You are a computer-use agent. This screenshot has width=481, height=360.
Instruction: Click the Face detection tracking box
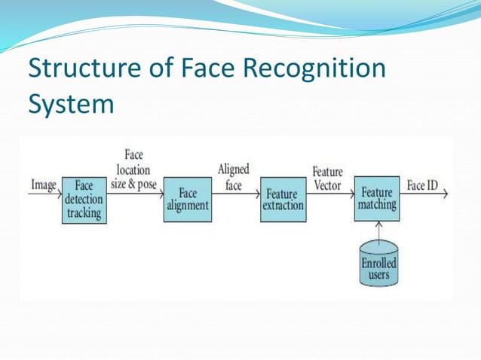coord(84,200)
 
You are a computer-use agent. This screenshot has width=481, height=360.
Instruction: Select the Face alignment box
coord(187,200)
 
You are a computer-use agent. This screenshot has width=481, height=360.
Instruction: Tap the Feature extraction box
coord(283,200)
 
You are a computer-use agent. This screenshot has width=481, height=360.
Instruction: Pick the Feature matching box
coord(376,199)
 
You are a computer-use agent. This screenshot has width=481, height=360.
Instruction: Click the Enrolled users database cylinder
coord(378,264)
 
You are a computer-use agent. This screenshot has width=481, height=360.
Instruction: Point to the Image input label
coord(44,185)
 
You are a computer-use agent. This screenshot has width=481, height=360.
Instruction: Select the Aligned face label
coord(233,177)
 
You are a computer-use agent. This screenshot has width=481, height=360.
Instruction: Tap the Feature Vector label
coord(327,179)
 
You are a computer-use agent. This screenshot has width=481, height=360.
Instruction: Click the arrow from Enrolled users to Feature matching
coord(378,230)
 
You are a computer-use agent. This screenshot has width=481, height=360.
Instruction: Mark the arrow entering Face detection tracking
coord(45,194)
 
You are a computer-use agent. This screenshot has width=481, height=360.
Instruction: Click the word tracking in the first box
coord(84,213)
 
